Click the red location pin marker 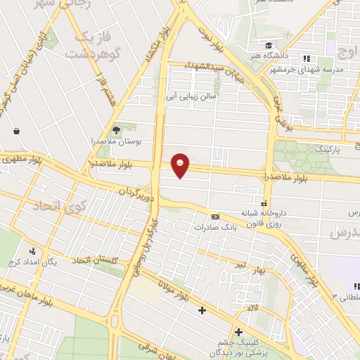click(181, 165)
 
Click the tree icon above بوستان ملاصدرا click(117, 130)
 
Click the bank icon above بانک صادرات click(215, 217)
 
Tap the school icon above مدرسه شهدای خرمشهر click(306, 58)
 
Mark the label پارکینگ click(326, 150)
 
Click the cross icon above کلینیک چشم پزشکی click(239, 332)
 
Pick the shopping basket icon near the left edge click(15, 131)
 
